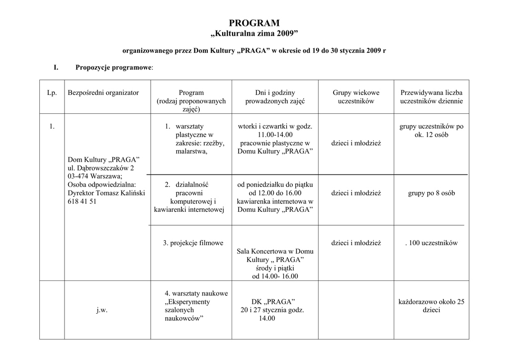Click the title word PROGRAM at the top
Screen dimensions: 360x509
click(254, 23)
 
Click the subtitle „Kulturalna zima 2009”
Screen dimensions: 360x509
click(254, 34)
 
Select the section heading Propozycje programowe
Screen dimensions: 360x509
click(114, 67)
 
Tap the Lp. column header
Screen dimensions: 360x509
click(52, 92)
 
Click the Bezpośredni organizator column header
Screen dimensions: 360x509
click(103, 92)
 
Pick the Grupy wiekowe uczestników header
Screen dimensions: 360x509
click(356, 96)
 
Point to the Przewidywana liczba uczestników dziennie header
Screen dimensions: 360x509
click(431, 96)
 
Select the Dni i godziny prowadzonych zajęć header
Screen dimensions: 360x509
click(275, 96)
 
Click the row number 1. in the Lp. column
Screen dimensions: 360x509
click(52, 126)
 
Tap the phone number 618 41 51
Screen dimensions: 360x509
click(82, 201)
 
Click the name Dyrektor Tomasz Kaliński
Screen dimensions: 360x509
click(106, 193)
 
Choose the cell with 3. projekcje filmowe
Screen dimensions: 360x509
click(193, 243)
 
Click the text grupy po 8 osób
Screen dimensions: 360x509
click(431, 193)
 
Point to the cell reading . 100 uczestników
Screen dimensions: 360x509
click(431, 243)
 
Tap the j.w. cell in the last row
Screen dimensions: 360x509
click(102, 310)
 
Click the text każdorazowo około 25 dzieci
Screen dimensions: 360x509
click(431, 306)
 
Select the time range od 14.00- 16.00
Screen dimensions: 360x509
click(275, 276)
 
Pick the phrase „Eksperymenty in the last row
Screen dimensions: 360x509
click(187, 302)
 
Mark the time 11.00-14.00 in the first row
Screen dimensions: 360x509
click(275, 135)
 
